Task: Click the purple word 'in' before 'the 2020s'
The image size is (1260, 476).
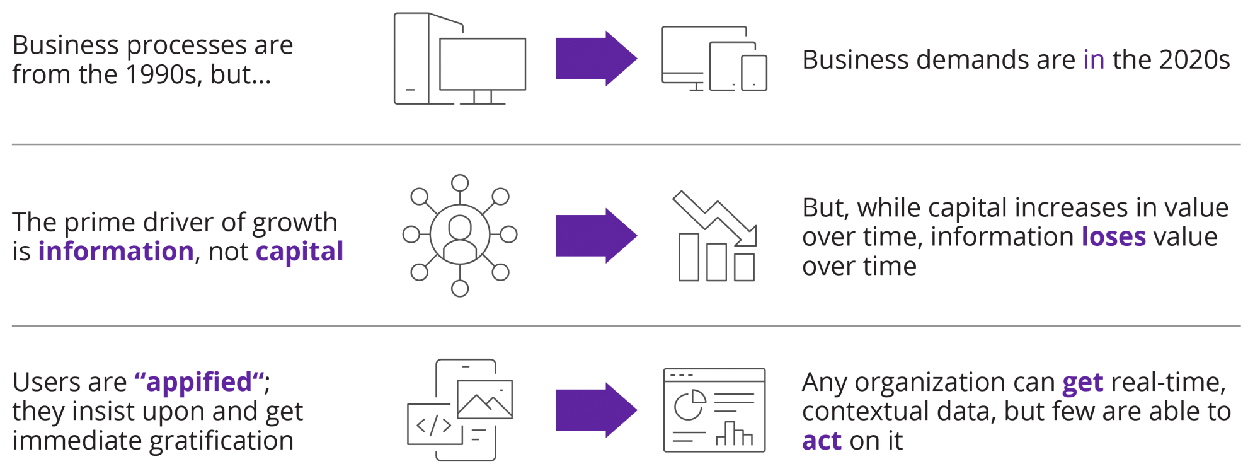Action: coord(1094,60)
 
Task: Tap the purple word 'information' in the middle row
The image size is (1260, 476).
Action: coord(116,252)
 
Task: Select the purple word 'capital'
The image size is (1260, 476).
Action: coord(299,252)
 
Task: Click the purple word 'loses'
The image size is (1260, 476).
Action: coord(1113,237)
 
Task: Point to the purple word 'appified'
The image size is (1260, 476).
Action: coord(199,382)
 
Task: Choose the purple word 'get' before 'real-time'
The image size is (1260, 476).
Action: coord(1082,383)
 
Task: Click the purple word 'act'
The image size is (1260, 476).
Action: coord(822,441)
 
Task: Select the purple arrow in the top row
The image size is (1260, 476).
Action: coord(595,59)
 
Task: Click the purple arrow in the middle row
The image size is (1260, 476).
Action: coord(595,236)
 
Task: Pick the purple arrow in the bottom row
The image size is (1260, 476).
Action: coord(595,410)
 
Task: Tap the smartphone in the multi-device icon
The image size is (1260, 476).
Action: coord(754,73)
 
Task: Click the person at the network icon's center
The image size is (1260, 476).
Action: coord(460,235)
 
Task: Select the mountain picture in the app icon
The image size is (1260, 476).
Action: coord(484,400)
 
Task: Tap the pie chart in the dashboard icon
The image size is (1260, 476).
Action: coord(689,405)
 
